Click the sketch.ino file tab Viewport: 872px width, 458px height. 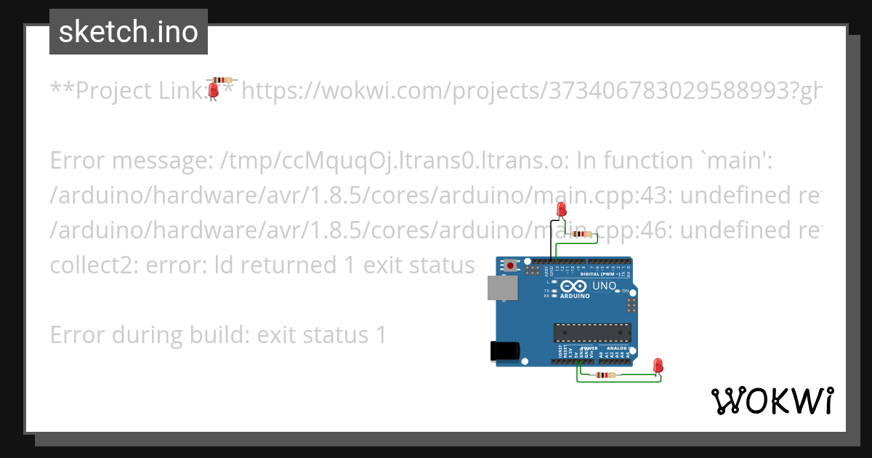[x=129, y=32]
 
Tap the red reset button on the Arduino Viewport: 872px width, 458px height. [x=511, y=265]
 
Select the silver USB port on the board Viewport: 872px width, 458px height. [x=502, y=289]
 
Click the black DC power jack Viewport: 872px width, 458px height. [x=504, y=351]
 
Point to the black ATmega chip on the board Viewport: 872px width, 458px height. [x=589, y=332]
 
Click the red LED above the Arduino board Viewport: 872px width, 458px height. [x=561, y=209]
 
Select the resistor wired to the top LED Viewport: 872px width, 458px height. [x=583, y=234]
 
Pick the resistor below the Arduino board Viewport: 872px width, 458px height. [x=605, y=375]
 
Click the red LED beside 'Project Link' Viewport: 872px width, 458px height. [x=214, y=90]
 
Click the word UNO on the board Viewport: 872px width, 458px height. [x=605, y=286]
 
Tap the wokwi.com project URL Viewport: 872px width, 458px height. [x=530, y=91]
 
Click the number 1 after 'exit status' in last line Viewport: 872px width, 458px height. [x=380, y=335]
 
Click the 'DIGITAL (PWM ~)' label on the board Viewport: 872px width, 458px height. [x=600, y=273]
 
